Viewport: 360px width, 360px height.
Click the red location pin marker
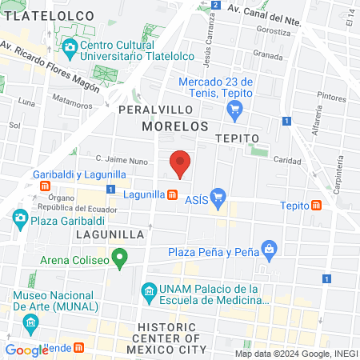[181, 162]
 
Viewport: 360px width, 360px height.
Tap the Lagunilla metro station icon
[172, 194]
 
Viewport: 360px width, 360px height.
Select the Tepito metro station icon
[317, 206]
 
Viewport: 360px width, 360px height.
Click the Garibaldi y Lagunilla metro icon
[46, 186]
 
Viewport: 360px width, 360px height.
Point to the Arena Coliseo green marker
[120, 258]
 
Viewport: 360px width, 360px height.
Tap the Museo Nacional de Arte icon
[31, 324]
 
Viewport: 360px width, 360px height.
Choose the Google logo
[26, 350]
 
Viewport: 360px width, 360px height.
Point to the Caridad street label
[287, 159]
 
